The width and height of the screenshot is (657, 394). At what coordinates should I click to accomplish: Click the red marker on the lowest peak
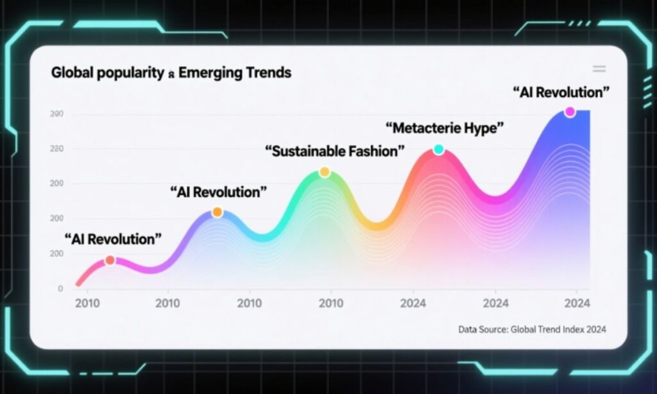110,260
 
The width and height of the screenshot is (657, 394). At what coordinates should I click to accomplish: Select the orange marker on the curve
217,212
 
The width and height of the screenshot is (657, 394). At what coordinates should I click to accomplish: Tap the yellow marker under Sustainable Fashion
325,172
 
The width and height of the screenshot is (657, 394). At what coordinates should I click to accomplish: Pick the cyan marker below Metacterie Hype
439,150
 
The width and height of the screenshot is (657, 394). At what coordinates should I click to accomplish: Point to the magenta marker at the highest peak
570,112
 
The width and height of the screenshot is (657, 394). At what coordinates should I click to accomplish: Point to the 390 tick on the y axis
56,114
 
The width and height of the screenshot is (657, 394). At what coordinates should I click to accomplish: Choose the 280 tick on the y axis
56,149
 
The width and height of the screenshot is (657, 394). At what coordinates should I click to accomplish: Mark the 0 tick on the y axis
60,289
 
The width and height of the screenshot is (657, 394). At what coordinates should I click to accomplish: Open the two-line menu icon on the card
599,69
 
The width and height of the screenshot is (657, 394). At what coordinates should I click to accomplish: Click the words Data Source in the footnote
482,329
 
